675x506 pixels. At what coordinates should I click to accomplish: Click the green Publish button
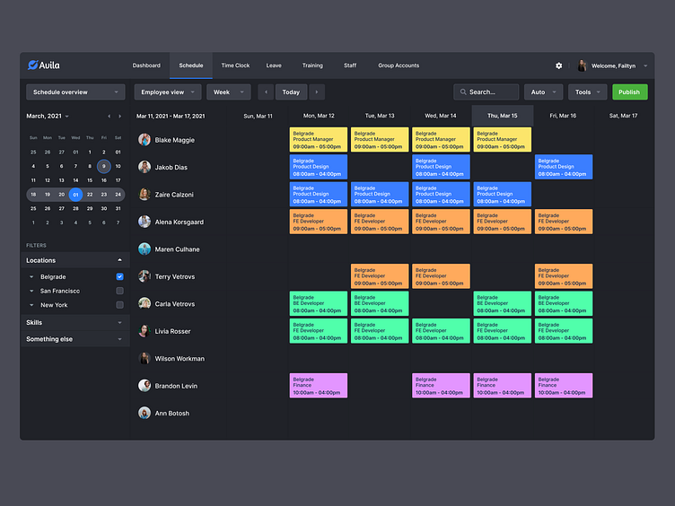tap(629, 92)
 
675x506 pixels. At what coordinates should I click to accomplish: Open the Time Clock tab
tap(235, 65)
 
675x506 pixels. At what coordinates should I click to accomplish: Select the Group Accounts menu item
tap(399, 65)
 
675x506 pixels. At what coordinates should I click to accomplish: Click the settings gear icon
tap(559, 65)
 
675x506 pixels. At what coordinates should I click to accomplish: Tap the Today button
tap(291, 92)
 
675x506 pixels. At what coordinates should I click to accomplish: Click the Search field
tap(487, 92)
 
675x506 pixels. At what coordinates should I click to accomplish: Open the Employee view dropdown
tap(168, 92)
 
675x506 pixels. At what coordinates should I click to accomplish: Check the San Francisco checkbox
tap(119, 291)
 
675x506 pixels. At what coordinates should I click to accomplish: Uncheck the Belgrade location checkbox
tap(119, 276)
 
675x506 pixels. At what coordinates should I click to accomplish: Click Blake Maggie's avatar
tap(145, 140)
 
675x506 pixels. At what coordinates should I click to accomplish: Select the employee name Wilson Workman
tap(180, 359)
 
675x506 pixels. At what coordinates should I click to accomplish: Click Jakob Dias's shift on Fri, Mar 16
tap(564, 167)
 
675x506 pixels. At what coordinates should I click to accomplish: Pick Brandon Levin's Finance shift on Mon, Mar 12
tap(318, 386)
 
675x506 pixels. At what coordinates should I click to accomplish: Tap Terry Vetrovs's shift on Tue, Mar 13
tap(379, 276)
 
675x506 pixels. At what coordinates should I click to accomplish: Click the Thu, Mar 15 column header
tap(502, 116)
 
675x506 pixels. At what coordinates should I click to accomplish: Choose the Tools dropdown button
tap(587, 92)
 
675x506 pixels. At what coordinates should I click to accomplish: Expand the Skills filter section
tap(75, 322)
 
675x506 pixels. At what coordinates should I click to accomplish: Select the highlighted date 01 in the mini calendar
tap(76, 194)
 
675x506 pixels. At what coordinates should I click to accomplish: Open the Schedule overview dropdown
tap(75, 92)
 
